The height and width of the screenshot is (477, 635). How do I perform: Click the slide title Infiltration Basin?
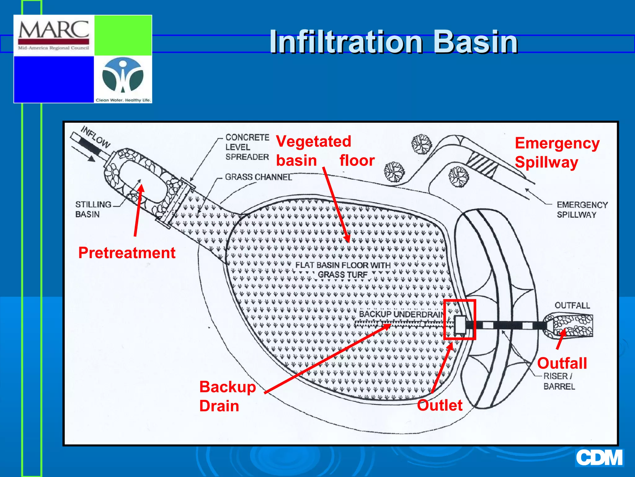tap(393, 42)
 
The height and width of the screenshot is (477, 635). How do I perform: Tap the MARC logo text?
tap(54, 30)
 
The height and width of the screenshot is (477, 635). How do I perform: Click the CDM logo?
tap(599, 458)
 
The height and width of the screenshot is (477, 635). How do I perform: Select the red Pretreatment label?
tap(127, 252)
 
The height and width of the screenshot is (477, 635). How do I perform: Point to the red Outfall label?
tap(562, 363)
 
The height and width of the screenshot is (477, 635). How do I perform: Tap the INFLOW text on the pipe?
tap(95, 137)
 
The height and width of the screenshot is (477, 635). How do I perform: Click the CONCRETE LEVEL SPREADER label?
tap(247, 147)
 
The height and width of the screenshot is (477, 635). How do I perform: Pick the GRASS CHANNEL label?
tap(258, 177)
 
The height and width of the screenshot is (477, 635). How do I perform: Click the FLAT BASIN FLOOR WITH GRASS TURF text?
tap(343, 270)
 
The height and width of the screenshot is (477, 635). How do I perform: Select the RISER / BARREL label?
tap(559, 381)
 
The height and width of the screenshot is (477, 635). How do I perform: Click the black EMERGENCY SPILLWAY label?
tap(582, 210)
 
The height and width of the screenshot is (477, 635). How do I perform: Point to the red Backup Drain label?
tap(227, 396)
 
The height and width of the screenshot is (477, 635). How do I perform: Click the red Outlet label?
tap(439, 405)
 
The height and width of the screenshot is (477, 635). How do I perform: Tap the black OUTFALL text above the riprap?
tap(572, 305)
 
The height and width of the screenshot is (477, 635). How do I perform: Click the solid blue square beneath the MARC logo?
tap(54, 79)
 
